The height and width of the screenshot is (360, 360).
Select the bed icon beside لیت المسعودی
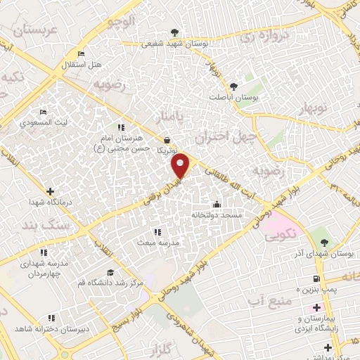coord(43,112)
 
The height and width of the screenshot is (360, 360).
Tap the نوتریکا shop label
coord(167,150)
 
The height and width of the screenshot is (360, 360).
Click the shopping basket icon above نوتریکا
coord(166,139)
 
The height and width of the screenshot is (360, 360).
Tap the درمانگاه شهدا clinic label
coord(51,202)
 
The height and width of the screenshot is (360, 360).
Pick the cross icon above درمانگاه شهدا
coord(50,191)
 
